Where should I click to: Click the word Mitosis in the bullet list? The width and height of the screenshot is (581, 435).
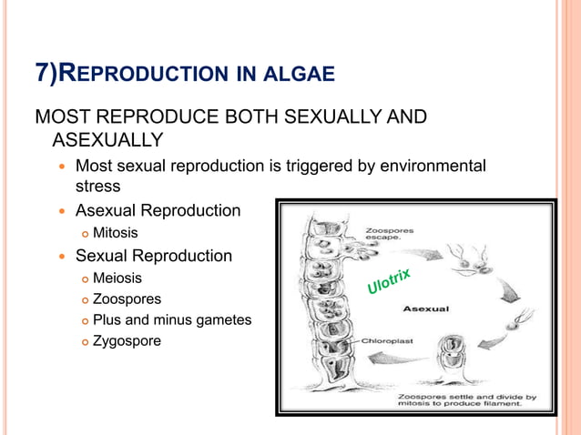(116, 233)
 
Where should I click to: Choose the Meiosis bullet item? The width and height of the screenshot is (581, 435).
(117, 278)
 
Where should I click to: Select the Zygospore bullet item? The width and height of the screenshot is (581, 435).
(127, 341)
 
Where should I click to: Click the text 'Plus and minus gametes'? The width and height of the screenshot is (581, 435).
(172, 319)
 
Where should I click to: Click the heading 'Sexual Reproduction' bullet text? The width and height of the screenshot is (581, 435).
(153, 256)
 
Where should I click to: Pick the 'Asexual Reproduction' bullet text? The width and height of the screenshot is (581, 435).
(158, 211)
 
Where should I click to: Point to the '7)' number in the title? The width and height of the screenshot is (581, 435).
(46, 73)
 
